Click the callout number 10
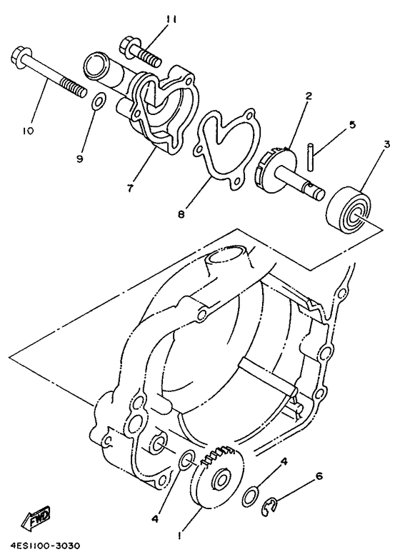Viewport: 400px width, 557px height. click(x=28, y=131)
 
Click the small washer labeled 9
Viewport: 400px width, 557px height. click(x=99, y=102)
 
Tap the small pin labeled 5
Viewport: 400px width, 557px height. click(x=309, y=155)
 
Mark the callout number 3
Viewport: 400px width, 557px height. click(x=385, y=144)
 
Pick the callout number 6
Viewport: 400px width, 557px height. click(x=318, y=476)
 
